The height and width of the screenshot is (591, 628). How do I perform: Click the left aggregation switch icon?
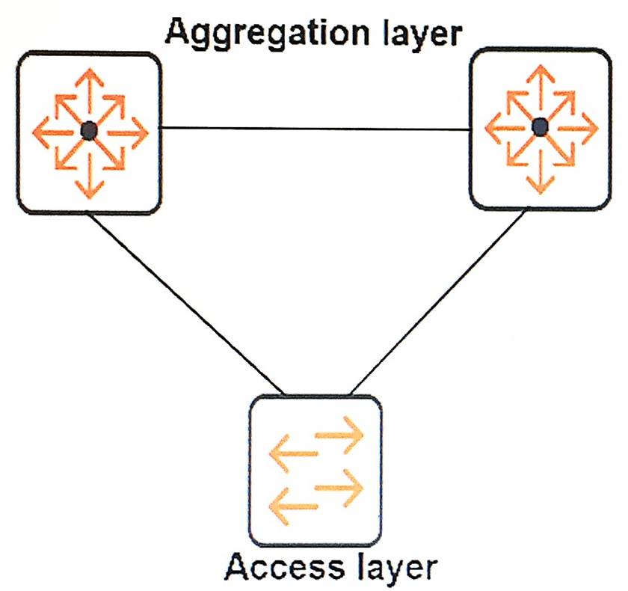coord(89,132)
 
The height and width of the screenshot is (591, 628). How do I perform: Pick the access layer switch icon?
coord(315,471)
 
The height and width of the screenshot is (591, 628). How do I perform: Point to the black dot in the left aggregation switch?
coord(89,132)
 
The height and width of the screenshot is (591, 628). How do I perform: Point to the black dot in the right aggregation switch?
coord(540,129)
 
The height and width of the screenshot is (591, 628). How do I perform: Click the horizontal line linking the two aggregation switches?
coord(314,129)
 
